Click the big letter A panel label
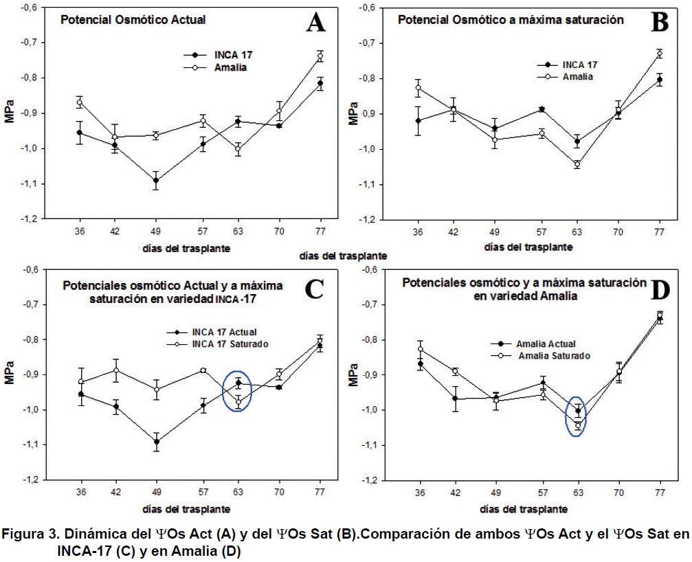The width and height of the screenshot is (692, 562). point(315,24)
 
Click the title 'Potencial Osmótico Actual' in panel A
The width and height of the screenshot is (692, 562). point(133,20)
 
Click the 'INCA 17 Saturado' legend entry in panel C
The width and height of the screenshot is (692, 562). point(230,343)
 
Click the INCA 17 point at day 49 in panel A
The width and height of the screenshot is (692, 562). point(157,181)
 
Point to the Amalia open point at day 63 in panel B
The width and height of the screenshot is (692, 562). point(577,164)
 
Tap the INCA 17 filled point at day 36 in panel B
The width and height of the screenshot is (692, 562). point(418,121)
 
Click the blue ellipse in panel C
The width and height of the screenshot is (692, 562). point(238,392)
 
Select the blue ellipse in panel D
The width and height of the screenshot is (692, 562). point(577,417)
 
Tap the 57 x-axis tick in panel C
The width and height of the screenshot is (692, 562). point(203,493)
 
